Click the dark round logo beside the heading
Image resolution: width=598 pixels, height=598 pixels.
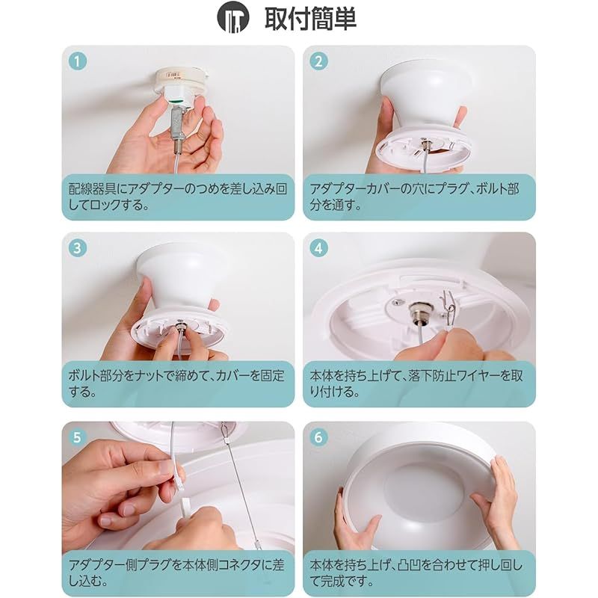tap(233, 17)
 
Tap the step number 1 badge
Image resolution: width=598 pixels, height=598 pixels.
tap(78, 61)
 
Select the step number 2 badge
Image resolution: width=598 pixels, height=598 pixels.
tap(319, 61)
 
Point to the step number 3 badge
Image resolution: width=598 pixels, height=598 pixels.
tap(78, 248)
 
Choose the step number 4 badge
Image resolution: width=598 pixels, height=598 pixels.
tap(319, 248)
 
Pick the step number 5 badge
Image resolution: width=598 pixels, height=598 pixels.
tap(78, 437)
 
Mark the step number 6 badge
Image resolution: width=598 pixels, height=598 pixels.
tap(319, 437)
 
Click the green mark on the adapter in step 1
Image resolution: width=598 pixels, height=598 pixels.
tap(175, 102)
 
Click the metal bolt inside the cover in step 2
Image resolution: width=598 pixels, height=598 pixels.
tap(425, 145)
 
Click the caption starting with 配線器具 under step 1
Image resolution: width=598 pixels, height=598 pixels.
tap(178, 197)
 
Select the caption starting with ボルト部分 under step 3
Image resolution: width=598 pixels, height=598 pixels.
tap(176, 383)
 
